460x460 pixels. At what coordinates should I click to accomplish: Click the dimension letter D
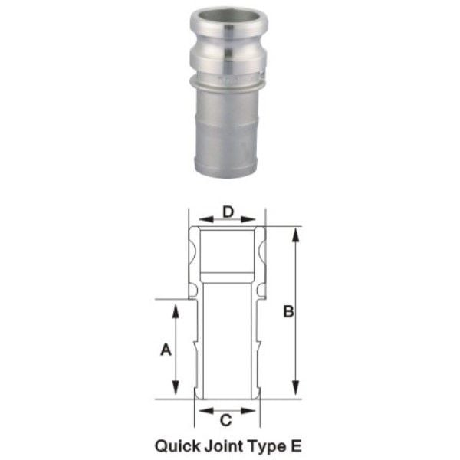pyautogui.click(x=228, y=212)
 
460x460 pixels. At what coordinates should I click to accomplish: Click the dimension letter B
pyautogui.click(x=289, y=311)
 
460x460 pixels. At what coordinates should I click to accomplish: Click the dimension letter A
pyautogui.click(x=166, y=350)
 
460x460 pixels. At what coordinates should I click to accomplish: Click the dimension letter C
pyautogui.click(x=226, y=420)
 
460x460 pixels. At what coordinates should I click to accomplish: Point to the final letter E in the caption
pyautogui.click(x=296, y=446)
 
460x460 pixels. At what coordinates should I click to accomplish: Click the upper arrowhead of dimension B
pyautogui.click(x=296, y=235)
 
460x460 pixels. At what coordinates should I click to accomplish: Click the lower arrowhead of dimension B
pyautogui.click(x=296, y=388)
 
